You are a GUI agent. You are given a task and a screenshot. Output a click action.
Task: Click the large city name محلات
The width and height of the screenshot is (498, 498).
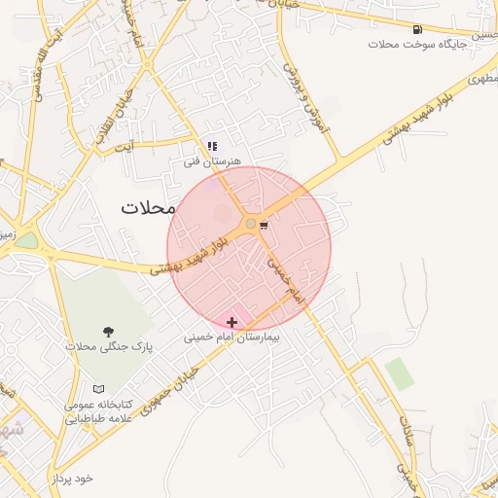coord(148,207)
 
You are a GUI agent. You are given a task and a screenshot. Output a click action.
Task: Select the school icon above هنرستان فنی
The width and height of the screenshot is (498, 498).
coord(212,146)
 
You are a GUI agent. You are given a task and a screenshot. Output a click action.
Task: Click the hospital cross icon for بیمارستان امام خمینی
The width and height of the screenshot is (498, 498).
coord(231,322)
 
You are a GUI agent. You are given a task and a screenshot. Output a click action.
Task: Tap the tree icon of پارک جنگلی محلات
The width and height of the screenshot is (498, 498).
coord(107,332)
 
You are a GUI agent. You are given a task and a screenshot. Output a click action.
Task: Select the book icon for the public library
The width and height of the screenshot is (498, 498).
coord(98,389)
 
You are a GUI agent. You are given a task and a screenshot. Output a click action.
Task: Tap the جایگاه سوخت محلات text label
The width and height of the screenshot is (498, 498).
coord(417,45)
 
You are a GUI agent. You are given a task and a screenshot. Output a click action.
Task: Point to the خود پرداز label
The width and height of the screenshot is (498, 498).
coord(74,479)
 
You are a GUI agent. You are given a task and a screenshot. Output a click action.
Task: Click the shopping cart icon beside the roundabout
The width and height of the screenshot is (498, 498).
coord(264,225)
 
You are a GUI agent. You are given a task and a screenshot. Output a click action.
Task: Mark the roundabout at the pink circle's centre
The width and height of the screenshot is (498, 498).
coord(250,225)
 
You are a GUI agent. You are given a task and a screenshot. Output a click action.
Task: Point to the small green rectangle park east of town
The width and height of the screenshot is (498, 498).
coord(398,373)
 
